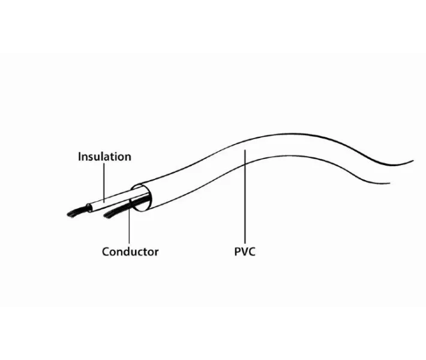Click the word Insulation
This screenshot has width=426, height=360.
(x=104, y=157)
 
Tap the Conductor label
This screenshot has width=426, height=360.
(x=130, y=251)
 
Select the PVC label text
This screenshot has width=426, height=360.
(x=245, y=251)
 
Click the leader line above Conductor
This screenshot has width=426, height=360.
(x=129, y=221)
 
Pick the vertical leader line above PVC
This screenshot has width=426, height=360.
(x=245, y=196)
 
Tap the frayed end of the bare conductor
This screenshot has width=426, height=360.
(x=112, y=214)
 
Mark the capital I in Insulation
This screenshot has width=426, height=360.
(x=80, y=157)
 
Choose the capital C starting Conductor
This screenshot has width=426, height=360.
(x=106, y=251)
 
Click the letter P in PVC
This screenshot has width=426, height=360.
(x=237, y=251)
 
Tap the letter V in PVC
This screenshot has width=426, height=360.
(x=244, y=251)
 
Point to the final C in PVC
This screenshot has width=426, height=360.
(x=252, y=251)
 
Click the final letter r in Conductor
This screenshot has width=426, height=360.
(x=157, y=253)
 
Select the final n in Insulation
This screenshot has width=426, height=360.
(x=128, y=158)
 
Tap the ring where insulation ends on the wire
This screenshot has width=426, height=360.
(x=89, y=208)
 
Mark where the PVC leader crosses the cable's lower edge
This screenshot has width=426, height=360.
(x=245, y=164)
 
